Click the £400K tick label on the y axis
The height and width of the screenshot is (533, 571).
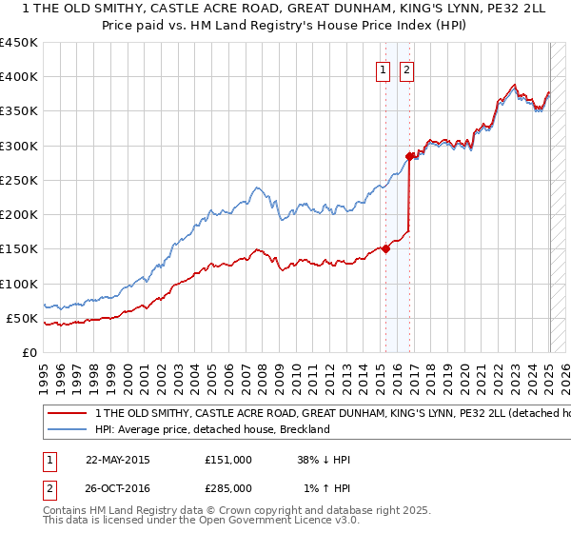(x=18, y=77)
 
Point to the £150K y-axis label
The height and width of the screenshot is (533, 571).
(x=18, y=249)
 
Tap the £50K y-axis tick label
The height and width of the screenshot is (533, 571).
(x=22, y=318)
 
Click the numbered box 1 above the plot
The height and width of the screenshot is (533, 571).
(x=384, y=69)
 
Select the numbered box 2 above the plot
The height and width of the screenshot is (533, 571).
(x=406, y=69)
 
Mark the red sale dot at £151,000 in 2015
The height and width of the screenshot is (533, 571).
(x=385, y=249)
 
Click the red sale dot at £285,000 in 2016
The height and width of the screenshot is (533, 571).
(x=409, y=156)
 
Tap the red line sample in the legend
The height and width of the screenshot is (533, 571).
(x=67, y=414)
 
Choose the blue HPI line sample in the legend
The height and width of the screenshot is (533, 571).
(x=67, y=429)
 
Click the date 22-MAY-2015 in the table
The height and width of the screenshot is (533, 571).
(x=118, y=459)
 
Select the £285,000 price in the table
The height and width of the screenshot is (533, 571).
(x=227, y=486)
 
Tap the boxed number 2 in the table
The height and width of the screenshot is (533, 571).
(x=48, y=486)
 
